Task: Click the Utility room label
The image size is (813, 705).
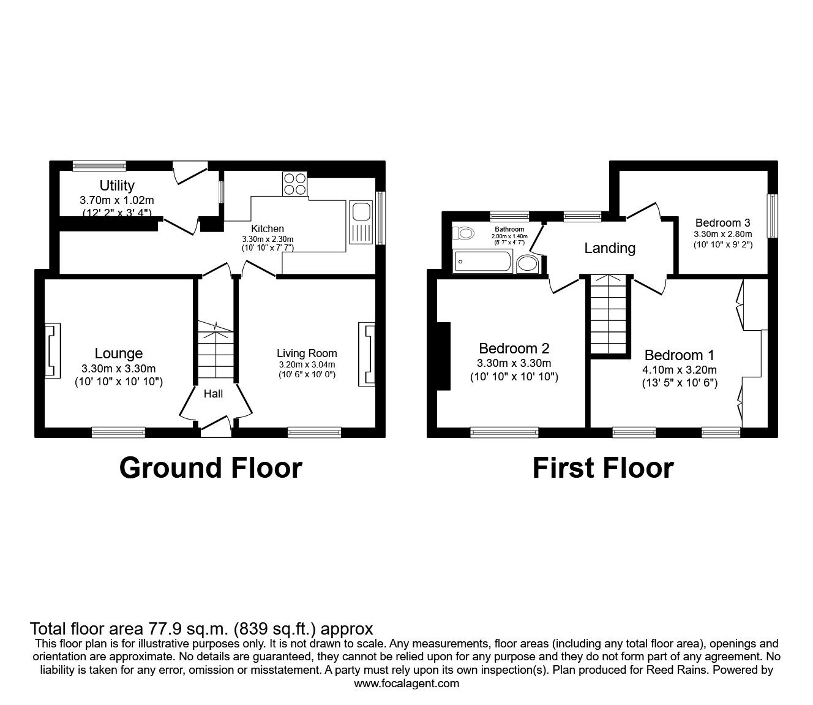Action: [x=117, y=185]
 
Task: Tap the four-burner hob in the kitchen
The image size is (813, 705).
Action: [x=294, y=183]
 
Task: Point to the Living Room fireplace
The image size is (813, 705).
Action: [x=367, y=355]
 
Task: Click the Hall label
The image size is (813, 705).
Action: [x=213, y=394]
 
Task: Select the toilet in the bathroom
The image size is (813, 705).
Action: [x=463, y=233]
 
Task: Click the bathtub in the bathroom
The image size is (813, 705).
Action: [x=482, y=262]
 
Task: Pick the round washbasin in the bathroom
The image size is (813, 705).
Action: [x=527, y=264]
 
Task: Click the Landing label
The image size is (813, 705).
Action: [x=609, y=248]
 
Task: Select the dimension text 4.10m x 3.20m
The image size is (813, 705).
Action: [x=680, y=369]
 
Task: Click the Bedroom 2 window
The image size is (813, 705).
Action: [x=504, y=432]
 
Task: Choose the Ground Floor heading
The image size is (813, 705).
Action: [x=210, y=468]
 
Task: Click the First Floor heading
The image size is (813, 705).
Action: [x=603, y=468]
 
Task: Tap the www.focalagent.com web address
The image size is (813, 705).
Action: [x=406, y=684]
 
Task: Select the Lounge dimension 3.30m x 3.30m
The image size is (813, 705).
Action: [x=118, y=368]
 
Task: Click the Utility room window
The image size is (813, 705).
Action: [x=99, y=165]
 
